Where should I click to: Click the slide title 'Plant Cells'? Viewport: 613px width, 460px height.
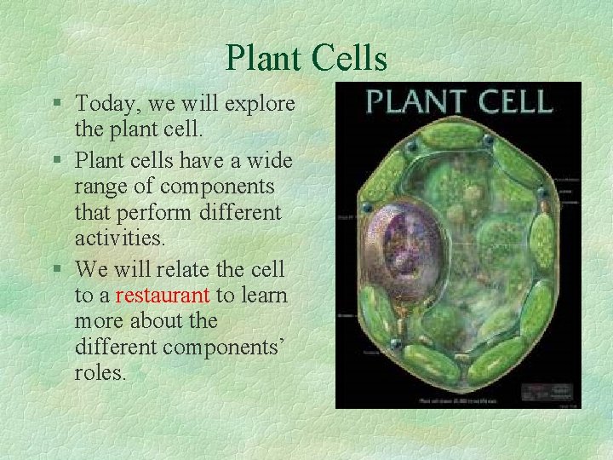click(306, 58)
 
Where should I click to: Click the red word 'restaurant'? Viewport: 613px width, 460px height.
click(163, 296)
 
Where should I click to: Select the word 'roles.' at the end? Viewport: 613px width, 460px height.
click(100, 372)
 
